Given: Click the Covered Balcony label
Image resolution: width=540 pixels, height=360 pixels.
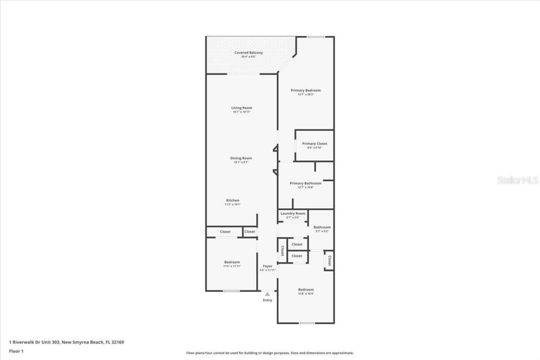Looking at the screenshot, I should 248,53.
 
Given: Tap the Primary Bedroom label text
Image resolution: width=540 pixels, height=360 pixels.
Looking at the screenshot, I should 305,90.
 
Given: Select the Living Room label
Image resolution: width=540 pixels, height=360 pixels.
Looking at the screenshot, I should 241,108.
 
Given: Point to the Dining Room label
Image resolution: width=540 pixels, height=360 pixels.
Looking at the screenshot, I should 241,158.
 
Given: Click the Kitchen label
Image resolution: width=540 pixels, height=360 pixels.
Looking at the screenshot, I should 232,200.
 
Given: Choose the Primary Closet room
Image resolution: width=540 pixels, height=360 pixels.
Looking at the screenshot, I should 314,146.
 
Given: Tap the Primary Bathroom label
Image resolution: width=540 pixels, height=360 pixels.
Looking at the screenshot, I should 305,183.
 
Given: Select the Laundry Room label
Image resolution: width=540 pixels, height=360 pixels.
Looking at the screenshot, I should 293,214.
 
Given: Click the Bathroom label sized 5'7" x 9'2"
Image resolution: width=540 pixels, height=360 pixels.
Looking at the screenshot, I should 322,227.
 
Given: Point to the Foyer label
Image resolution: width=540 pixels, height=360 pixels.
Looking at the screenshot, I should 267,266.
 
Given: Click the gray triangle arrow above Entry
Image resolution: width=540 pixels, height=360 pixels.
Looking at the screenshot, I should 267,294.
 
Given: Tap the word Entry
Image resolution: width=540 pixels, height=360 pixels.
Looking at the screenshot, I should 267,300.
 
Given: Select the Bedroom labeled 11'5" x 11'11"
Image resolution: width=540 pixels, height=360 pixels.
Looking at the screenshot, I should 232,263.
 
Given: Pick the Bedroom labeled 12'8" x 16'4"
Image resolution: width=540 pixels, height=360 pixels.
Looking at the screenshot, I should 306,290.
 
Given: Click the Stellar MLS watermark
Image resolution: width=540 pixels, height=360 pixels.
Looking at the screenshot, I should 518,181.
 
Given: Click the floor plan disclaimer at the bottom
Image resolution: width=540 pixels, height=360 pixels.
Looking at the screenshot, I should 270,353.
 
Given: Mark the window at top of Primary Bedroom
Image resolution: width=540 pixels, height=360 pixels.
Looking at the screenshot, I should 315,37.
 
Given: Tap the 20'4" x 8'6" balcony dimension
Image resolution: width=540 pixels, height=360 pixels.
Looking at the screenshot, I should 248,57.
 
